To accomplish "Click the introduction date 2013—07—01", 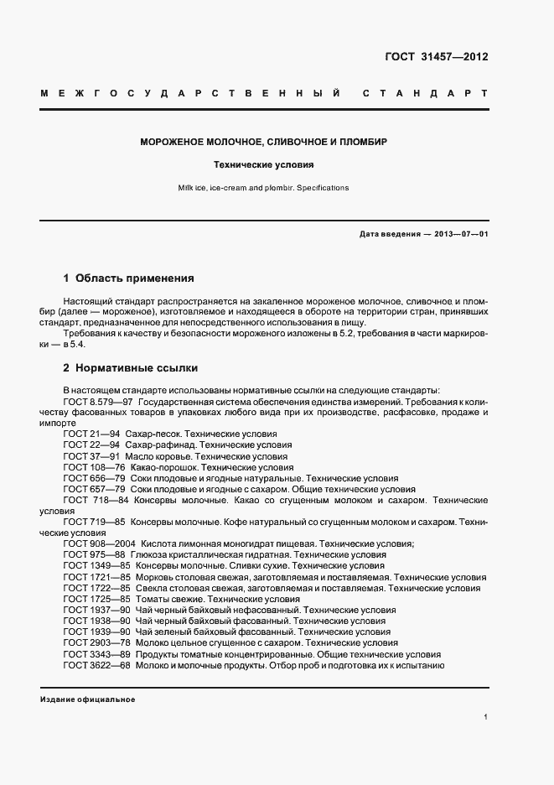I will click(460, 234).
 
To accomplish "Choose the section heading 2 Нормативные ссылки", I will click(130, 368).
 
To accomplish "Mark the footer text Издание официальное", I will click(87, 699).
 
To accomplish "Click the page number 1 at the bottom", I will click(485, 717).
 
